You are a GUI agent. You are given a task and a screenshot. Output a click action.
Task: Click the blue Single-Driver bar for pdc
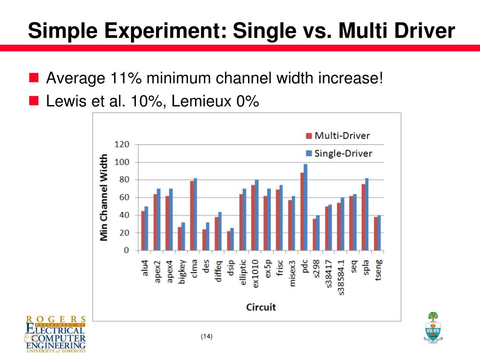[306, 207]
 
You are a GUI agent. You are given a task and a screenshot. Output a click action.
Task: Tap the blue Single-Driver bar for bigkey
[183, 236]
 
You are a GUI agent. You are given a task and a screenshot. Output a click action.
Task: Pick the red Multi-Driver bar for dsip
[229, 240]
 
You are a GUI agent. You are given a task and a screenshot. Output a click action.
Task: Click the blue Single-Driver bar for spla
[367, 214]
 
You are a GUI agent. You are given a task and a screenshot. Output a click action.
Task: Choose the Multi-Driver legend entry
[337, 136]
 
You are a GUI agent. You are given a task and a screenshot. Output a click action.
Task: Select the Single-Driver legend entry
[339, 153]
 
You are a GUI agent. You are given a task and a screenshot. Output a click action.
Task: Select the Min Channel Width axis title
[104, 197]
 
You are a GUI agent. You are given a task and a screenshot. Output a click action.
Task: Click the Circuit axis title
[261, 307]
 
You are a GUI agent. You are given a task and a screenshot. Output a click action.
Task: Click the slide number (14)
[206, 336]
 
